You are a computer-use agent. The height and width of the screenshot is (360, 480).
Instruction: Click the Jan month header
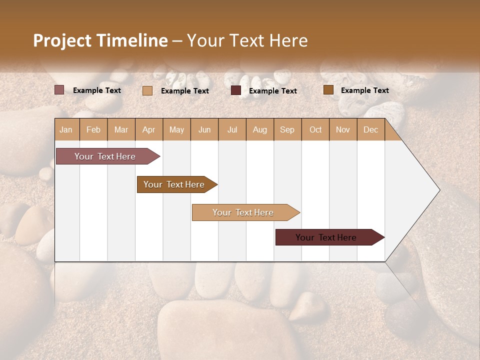click(66, 129)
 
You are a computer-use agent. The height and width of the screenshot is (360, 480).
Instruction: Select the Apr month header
click(149, 129)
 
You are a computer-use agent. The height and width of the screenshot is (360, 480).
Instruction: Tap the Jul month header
click(232, 129)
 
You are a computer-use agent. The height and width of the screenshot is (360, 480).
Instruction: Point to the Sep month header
click(287, 129)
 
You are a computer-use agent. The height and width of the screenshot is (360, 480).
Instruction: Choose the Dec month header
click(370, 129)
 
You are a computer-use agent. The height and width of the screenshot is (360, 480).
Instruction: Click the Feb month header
click(93, 129)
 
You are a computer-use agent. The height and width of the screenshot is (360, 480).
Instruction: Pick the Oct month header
click(315, 129)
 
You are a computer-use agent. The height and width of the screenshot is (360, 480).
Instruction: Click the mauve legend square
click(59, 90)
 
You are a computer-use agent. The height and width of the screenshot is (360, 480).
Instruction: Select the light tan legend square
click(147, 90)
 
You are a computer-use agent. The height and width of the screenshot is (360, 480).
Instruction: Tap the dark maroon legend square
click(236, 90)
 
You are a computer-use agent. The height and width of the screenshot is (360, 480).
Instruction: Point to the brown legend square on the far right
click(328, 90)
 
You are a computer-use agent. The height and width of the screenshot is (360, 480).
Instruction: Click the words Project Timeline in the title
click(100, 40)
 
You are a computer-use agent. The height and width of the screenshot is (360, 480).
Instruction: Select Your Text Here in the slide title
click(247, 40)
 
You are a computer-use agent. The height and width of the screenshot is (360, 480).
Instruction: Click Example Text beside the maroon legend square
click(273, 91)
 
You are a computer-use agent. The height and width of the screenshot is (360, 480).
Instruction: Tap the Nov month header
click(343, 129)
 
